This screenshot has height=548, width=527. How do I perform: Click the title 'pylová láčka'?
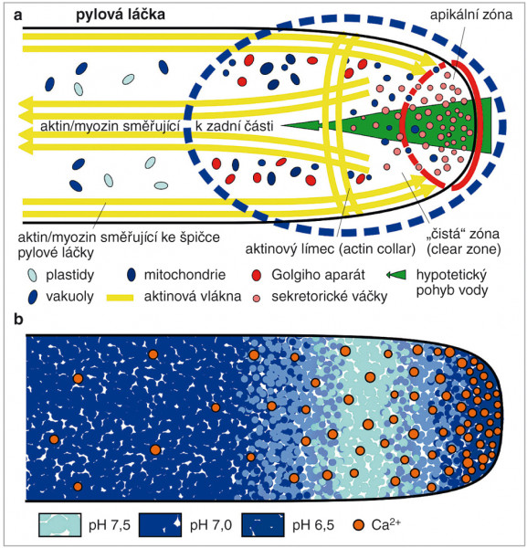coord(121,16)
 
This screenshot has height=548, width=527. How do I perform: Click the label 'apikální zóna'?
coord(470,15)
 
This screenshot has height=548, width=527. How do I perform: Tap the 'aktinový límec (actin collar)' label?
coord(331,249)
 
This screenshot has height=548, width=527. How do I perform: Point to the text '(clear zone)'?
coord(463,249)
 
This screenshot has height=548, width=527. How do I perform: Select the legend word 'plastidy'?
coord(70,275)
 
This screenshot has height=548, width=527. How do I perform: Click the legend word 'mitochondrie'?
coord(184,275)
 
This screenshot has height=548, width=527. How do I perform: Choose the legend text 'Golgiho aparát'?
coord(318,275)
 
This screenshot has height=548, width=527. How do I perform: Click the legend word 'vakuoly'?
coord(69,296)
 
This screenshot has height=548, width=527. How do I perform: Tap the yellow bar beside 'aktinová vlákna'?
coord(120,298)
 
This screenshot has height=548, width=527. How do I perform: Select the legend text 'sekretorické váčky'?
coord(329,297)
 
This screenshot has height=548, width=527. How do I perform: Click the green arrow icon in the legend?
coord(396,275)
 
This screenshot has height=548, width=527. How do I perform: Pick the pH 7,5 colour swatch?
coord(60,525)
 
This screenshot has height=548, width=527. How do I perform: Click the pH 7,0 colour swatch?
coord(161,525)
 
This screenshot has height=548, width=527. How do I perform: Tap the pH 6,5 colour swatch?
coord(263,525)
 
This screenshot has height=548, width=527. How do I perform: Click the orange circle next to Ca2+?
coord(359,525)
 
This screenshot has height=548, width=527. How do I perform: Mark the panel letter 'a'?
coord(17,16)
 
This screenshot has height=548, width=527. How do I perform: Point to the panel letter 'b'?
coord(18,320)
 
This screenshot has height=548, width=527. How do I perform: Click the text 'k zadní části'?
coord(234,126)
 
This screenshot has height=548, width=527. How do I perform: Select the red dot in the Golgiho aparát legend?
coord(257,276)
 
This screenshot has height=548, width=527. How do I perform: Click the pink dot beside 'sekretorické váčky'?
coord(257,299)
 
